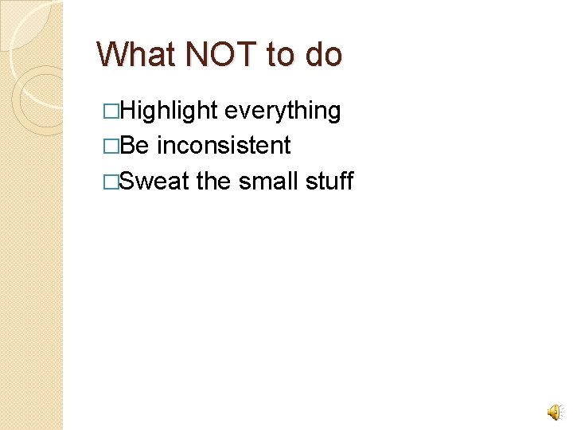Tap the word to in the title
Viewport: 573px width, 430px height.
click(x=280, y=55)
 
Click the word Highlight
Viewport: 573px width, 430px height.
click(x=170, y=111)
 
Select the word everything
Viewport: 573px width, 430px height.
click(x=283, y=111)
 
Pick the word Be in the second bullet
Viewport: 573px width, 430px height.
click(x=136, y=146)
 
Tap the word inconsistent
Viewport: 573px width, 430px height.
click(x=224, y=146)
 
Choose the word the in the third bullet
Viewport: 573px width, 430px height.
click(x=213, y=181)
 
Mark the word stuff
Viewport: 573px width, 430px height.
click(x=329, y=181)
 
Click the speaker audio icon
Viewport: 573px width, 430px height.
click(x=553, y=411)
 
